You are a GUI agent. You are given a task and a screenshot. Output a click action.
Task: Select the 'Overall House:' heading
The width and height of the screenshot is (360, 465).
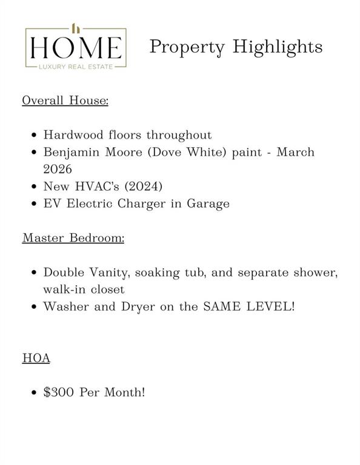pyautogui.click(x=65, y=100)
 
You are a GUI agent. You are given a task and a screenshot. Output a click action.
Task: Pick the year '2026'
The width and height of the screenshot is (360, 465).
pyautogui.click(x=58, y=169)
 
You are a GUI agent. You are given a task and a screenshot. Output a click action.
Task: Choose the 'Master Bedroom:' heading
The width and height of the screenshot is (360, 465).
pyautogui.click(x=73, y=238)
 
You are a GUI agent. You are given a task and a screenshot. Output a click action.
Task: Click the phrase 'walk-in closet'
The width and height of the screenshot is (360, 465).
pyautogui.click(x=84, y=289)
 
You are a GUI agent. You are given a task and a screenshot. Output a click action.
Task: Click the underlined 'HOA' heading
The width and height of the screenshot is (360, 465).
pyautogui.click(x=36, y=358)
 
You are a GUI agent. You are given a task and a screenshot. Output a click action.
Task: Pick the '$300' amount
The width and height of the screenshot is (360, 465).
pyautogui.click(x=59, y=392)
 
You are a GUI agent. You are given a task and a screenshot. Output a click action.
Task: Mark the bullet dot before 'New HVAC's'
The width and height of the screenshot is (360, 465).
pyautogui.click(x=35, y=186)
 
